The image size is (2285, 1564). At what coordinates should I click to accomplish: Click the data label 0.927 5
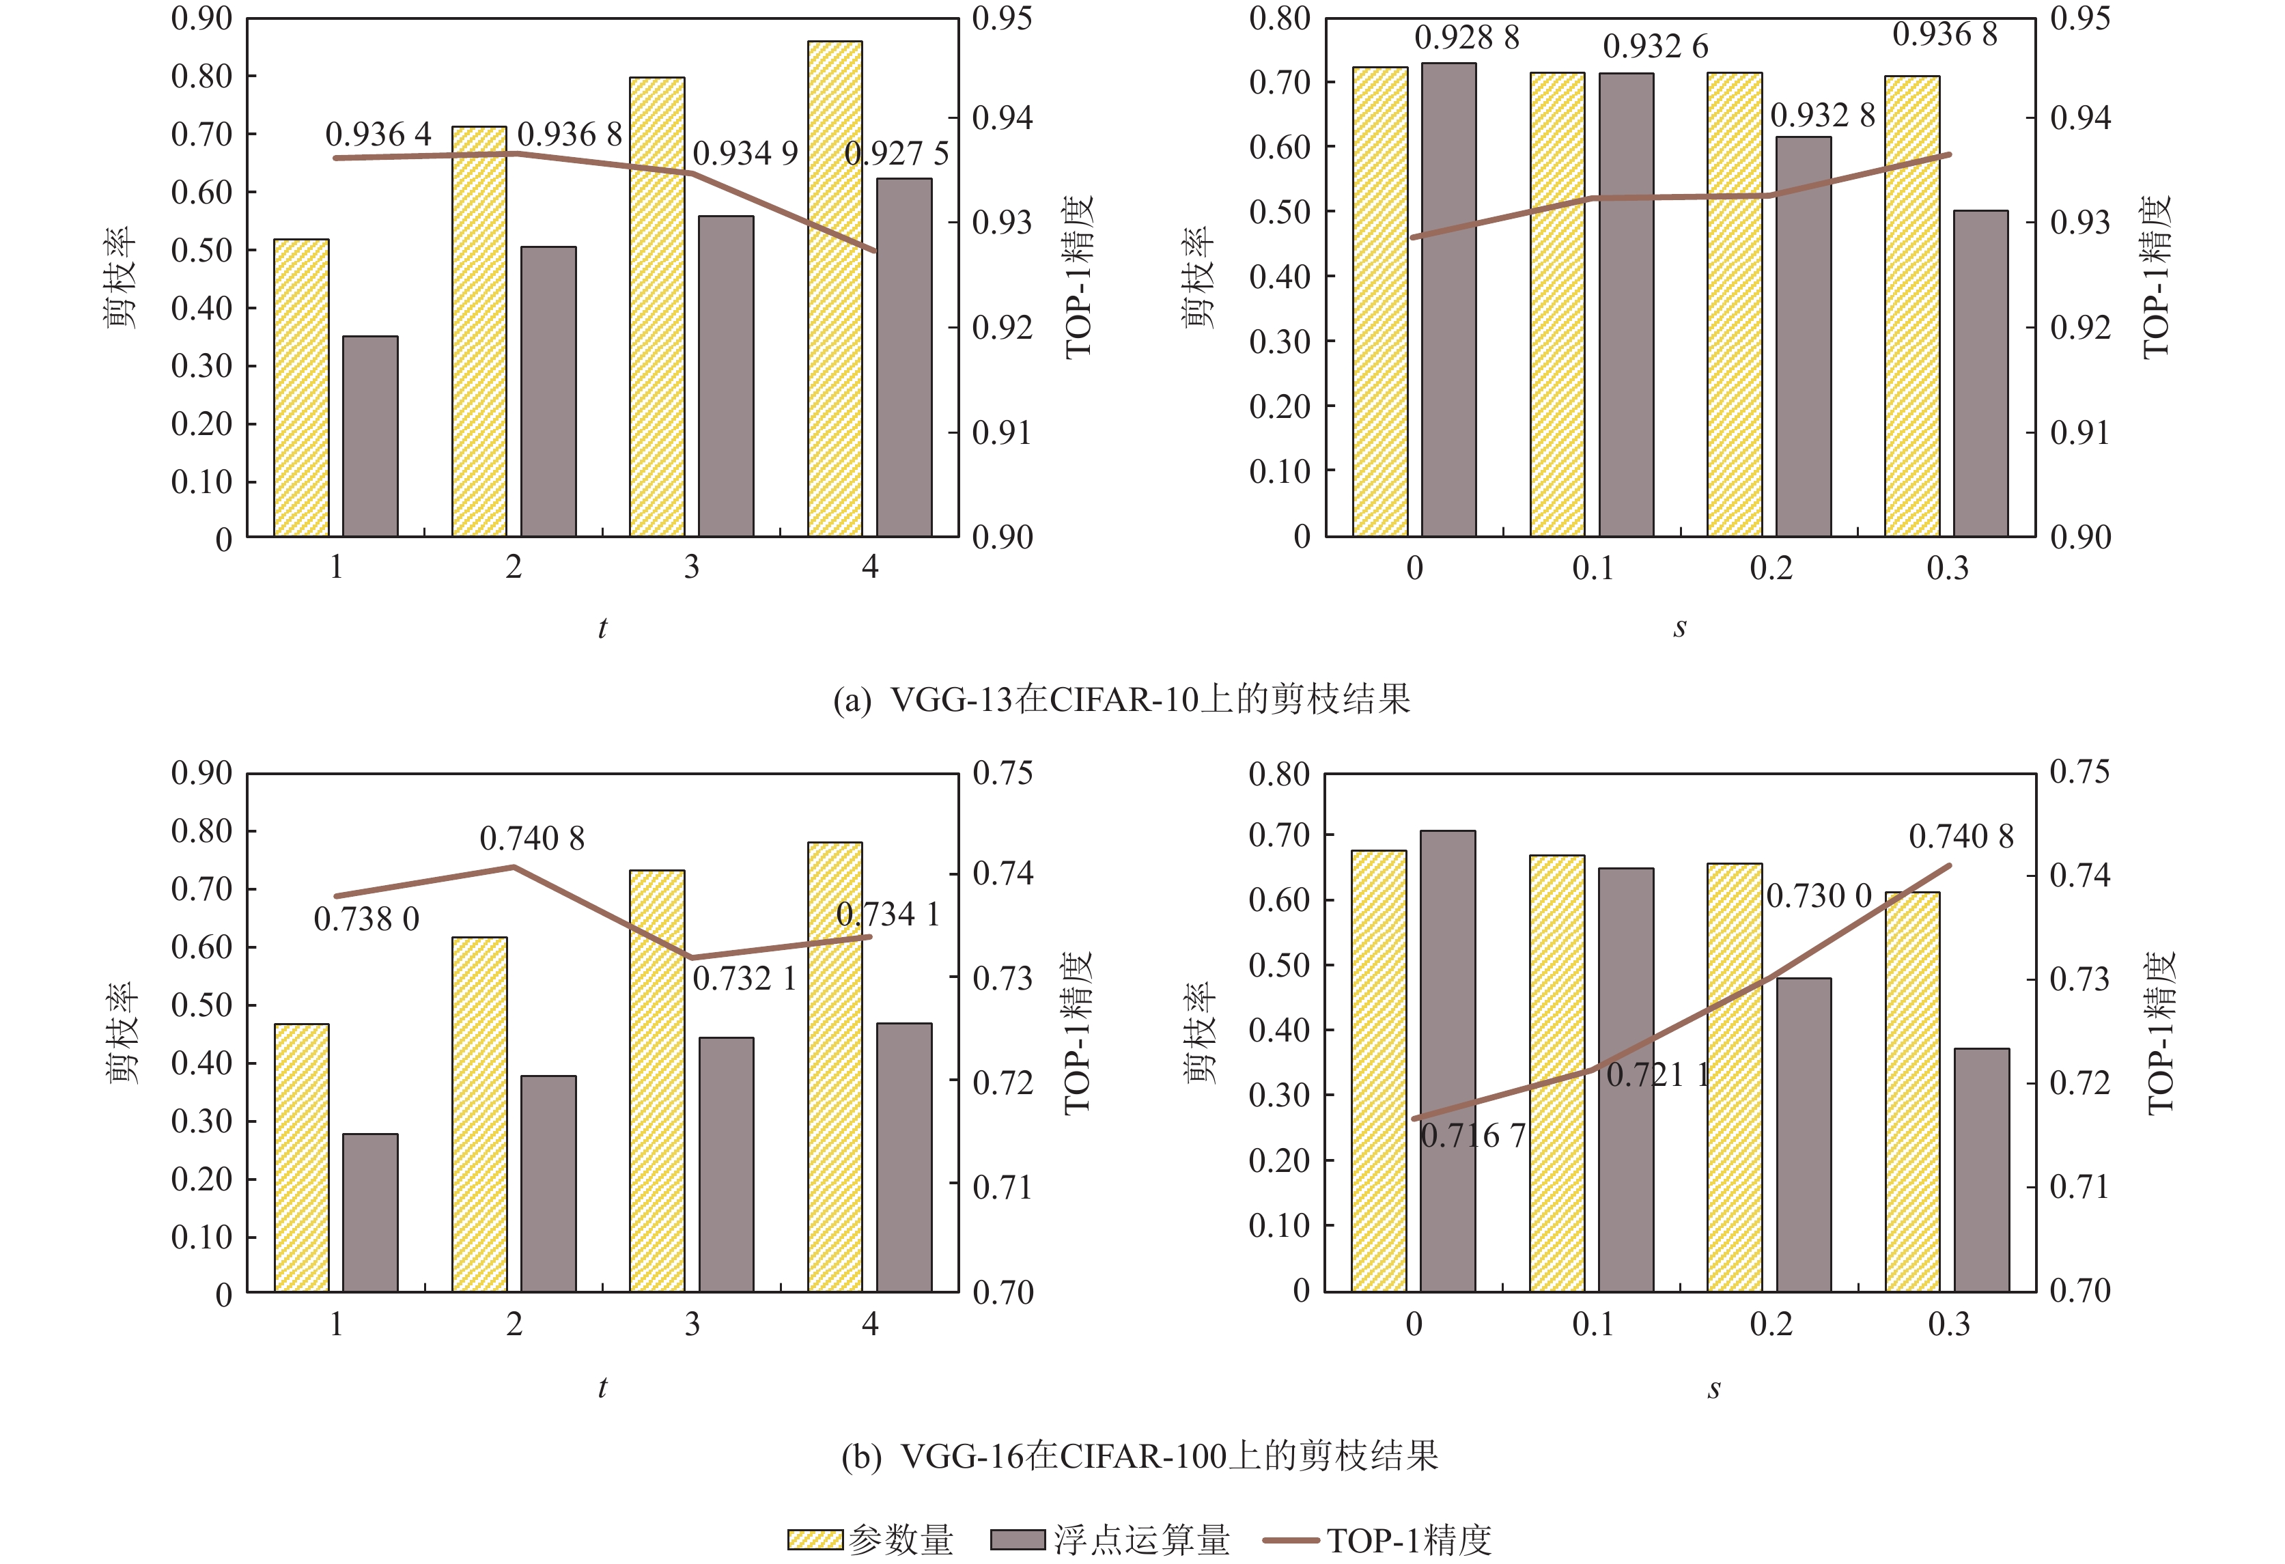[896, 154]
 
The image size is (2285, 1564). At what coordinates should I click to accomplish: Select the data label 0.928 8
[1466, 38]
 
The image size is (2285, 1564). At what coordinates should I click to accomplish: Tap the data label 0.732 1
[744, 979]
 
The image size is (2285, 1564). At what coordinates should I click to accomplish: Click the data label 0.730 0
[1819, 897]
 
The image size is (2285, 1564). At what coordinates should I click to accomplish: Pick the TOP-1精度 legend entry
[1377, 1539]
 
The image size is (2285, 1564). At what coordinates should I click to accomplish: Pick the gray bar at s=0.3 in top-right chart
[1980, 374]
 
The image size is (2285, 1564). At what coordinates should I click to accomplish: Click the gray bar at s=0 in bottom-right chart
[1447, 1061]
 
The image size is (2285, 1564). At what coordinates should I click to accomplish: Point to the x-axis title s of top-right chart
[1679, 627]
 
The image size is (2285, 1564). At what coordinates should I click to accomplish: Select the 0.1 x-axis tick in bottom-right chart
[1592, 1324]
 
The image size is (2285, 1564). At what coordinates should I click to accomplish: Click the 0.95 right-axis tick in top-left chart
[1002, 18]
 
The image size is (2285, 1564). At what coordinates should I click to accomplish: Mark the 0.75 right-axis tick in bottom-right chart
[2079, 772]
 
